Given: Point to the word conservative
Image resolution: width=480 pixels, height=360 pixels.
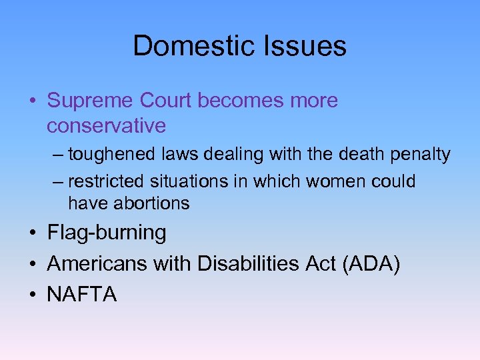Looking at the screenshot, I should point(106,125).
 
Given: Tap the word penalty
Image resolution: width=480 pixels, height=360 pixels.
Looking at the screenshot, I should point(421,155).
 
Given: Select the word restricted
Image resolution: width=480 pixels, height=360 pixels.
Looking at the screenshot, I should point(109,181).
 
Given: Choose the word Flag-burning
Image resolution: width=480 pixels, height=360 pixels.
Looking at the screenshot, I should point(107,233).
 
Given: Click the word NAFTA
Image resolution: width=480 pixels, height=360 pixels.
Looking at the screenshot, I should point(82,294).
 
